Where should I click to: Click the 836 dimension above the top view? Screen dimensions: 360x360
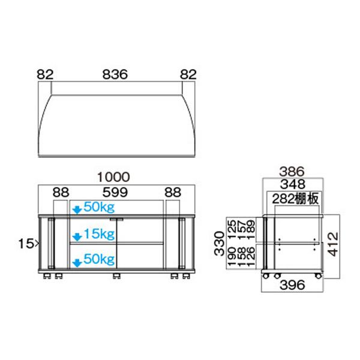tap(115, 75)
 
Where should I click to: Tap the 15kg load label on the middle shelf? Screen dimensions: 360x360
tap(99, 233)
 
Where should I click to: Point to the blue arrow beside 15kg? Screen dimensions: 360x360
tap(76, 235)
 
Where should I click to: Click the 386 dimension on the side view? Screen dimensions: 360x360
tap(292, 170)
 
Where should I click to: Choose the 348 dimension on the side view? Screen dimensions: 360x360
tap(292, 185)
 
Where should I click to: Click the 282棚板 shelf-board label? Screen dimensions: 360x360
tap(295, 199)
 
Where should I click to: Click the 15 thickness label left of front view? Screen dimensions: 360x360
tap(26, 244)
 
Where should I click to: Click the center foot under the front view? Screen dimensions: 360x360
tap(116, 277)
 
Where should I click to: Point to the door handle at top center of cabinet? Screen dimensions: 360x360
tap(118, 218)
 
